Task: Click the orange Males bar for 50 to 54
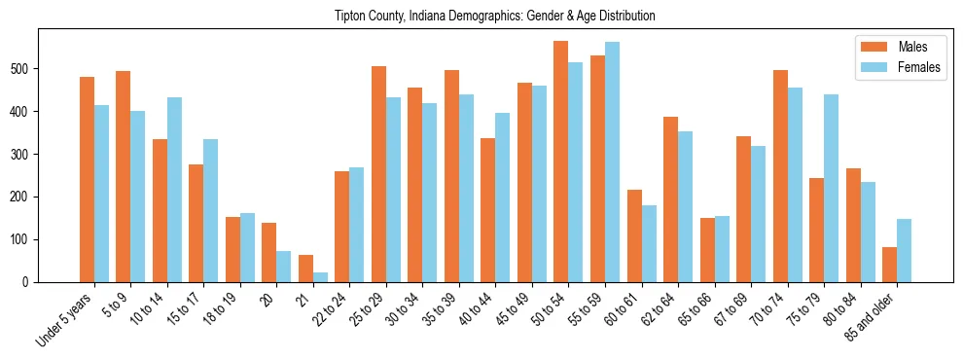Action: (x=560, y=162)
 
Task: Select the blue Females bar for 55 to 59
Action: (x=612, y=162)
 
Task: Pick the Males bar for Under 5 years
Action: (x=87, y=179)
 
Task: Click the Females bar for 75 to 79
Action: (x=831, y=188)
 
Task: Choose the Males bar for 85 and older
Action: (x=889, y=265)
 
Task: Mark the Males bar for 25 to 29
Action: (x=378, y=174)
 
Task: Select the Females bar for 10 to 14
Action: (x=174, y=190)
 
